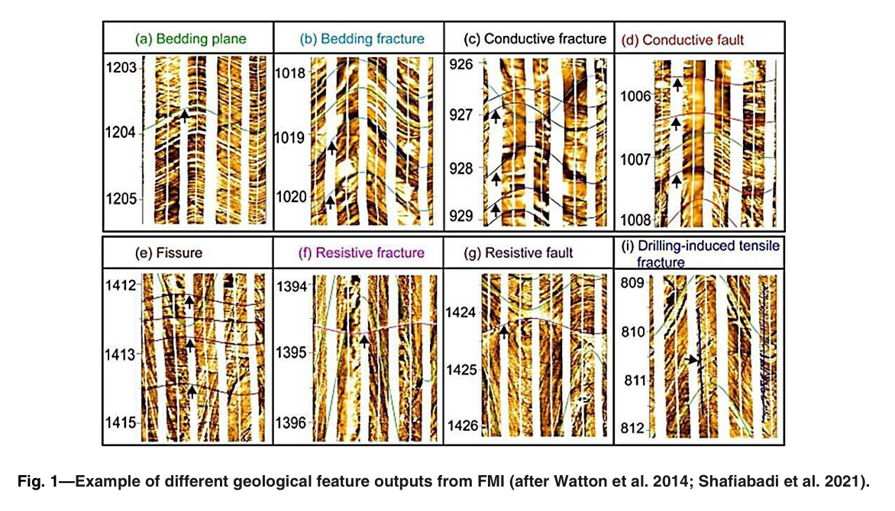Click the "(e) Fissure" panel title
[x=168, y=252]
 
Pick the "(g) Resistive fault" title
[x=528, y=252]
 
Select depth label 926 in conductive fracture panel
[x=461, y=63]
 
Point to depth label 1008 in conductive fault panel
[x=635, y=220]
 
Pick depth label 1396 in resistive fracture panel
[x=291, y=423]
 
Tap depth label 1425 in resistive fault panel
[x=461, y=370]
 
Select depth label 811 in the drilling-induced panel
[x=633, y=380]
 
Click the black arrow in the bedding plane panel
[x=184, y=114]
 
